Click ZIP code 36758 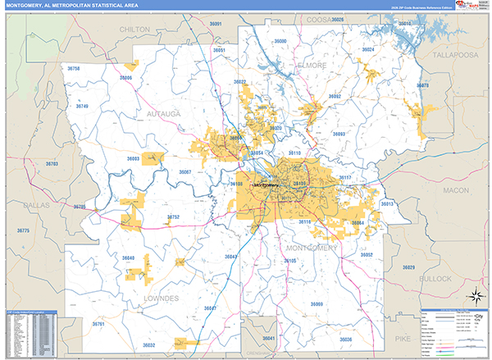(x=75, y=69)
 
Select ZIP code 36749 (x=83, y=106)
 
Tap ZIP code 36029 (x=408, y=267)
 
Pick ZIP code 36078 (x=422, y=85)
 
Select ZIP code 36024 (x=368, y=49)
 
